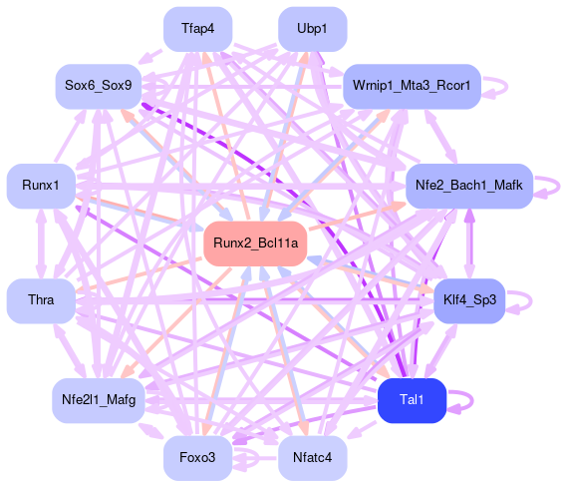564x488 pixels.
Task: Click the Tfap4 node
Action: pos(198,29)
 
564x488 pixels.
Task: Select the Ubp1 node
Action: pos(313,29)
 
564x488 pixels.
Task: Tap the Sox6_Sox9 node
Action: pos(99,87)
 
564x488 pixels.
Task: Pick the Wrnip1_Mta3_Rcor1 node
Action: pos(412,87)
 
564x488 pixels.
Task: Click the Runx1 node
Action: pos(41,186)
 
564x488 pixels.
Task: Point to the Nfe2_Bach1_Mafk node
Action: pos(469,186)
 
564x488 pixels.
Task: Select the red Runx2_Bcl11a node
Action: pos(255,244)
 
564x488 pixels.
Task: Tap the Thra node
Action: pos(41,300)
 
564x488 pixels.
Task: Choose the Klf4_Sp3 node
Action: pos(469,300)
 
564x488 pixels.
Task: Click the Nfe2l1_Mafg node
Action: pos(99,400)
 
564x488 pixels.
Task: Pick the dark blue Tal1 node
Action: pos(412,400)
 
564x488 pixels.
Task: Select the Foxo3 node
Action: pos(198,458)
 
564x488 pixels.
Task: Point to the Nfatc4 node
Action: pos(313,458)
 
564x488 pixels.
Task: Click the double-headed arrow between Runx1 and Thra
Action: pos(41,244)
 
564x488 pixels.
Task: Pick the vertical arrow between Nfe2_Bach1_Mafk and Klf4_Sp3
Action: pos(469,244)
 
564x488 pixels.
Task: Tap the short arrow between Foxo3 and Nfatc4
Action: pos(255,458)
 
